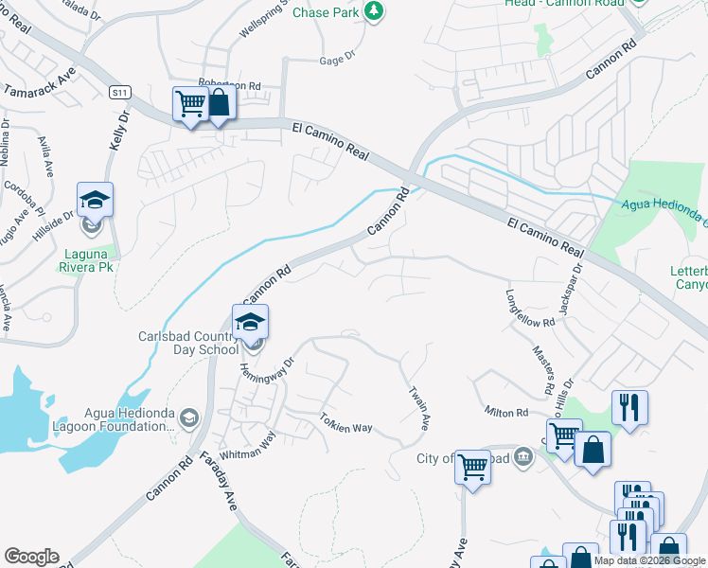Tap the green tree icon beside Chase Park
[x=376, y=10]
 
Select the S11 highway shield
[x=118, y=92]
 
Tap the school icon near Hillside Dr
[x=95, y=200]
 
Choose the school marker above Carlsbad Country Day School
[x=250, y=323]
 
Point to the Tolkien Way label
[x=346, y=423]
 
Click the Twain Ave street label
[x=419, y=404]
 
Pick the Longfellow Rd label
[x=530, y=309]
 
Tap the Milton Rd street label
[x=506, y=413]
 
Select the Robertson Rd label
[x=228, y=84]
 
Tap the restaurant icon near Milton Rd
[x=629, y=407]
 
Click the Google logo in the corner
[x=31, y=557]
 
